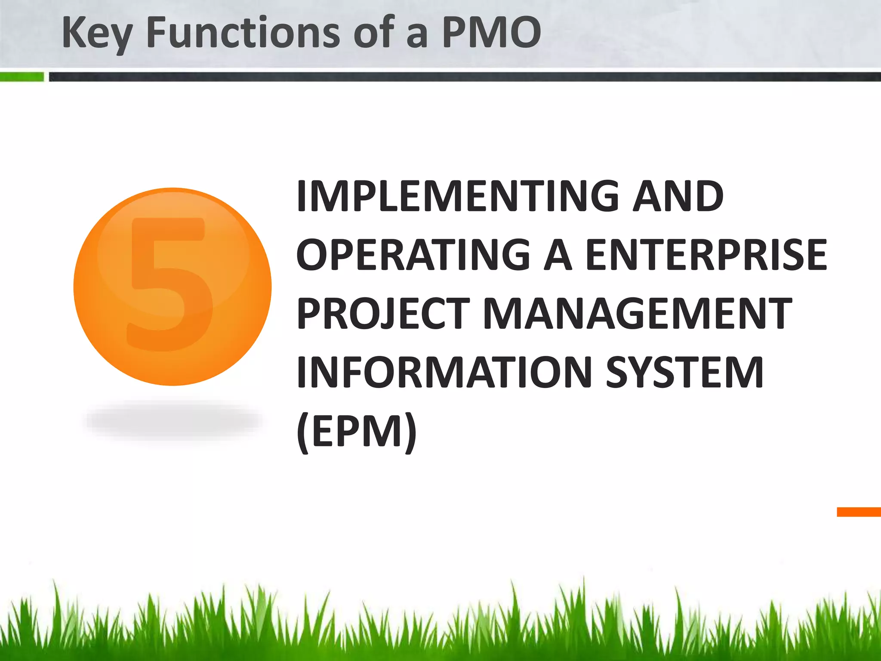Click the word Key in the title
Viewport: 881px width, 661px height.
pyautogui.click(x=97, y=34)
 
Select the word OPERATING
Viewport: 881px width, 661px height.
pyautogui.click(x=413, y=255)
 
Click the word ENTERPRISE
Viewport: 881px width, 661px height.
pyautogui.click(x=706, y=255)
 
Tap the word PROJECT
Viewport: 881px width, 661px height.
pyautogui.click(x=383, y=314)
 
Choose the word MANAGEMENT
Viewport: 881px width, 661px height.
pyautogui.click(x=637, y=314)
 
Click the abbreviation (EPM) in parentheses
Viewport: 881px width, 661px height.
pyautogui.click(x=357, y=432)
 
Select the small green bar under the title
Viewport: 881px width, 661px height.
pyautogui.click(x=22, y=77)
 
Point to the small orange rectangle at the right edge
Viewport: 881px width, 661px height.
pyautogui.click(x=859, y=512)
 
